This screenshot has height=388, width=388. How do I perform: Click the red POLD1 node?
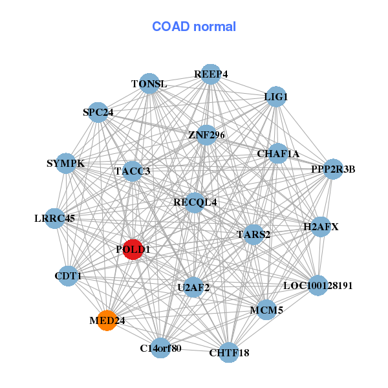pyautogui.click(x=133, y=250)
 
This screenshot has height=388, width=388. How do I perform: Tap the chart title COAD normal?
pyautogui.click(x=194, y=27)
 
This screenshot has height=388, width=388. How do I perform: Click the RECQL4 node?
pyautogui.click(x=195, y=202)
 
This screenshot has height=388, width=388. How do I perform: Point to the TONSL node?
pyautogui.click(x=149, y=84)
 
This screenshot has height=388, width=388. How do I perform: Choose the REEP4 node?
pyautogui.click(x=211, y=74)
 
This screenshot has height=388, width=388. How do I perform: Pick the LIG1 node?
pyautogui.click(x=276, y=97)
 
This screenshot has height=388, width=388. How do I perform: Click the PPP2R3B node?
pyautogui.click(x=333, y=169)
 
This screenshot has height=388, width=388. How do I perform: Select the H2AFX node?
pyautogui.click(x=321, y=227)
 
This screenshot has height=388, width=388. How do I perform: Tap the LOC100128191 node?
pyautogui.click(x=318, y=285)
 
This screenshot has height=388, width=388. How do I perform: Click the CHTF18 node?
pyautogui.click(x=229, y=352)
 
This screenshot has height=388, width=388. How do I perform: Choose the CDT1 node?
pyautogui.click(x=68, y=276)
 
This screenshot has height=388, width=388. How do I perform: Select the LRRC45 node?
pyautogui.click(x=55, y=219)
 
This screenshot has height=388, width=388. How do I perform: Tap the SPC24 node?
pyautogui.click(x=98, y=113)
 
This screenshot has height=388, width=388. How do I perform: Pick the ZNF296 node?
pyautogui.click(x=206, y=135)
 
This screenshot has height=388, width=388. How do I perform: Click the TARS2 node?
pyautogui.click(x=253, y=234)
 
